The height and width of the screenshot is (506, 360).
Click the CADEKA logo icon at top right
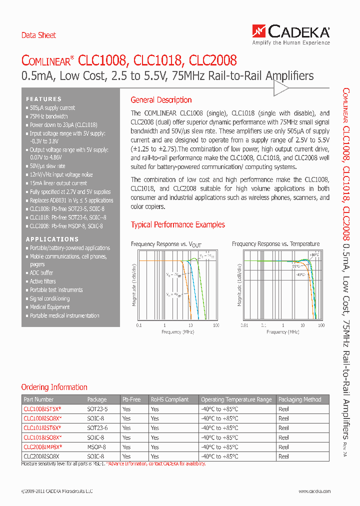pyautogui.click(x=259, y=32)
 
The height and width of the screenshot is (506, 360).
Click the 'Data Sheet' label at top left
pyautogui.click(x=38, y=35)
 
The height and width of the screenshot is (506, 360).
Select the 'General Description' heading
pyautogui.click(x=161, y=100)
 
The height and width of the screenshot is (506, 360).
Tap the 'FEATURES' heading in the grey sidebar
pyautogui.click(x=44, y=99)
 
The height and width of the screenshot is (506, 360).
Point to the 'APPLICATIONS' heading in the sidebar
pyautogui.click(x=52, y=239)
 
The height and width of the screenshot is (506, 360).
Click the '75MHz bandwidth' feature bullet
pyautogui.click(x=48, y=116)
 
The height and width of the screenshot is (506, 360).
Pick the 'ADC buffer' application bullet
pyautogui.click(x=41, y=273)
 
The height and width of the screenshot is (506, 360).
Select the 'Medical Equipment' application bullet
pyautogui.click(x=49, y=307)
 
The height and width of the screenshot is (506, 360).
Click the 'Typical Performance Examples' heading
pyautogui.click(x=178, y=225)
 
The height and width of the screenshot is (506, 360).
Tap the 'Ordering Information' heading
pyautogui.click(x=54, y=387)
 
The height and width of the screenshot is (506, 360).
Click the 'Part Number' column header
pyautogui.click(x=38, y=399)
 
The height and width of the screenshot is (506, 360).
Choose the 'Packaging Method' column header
pyautogui.click(x=299, y=399)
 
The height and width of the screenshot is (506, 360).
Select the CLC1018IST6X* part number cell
pyautogui.click(x=42, y=428)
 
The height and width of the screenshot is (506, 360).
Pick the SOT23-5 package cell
pyautogui.click(x=97, y=409)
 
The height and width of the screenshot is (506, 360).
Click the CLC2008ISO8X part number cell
pyautogui.click(x=41, y=456)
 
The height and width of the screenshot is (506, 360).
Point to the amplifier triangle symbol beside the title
pyautogui.click(x=280, y=88)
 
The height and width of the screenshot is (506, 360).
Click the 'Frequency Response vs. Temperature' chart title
pyautogui.click(x=275, y=244)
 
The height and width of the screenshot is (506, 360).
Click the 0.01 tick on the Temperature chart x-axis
pyautogui.click(x=244, y=325)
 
